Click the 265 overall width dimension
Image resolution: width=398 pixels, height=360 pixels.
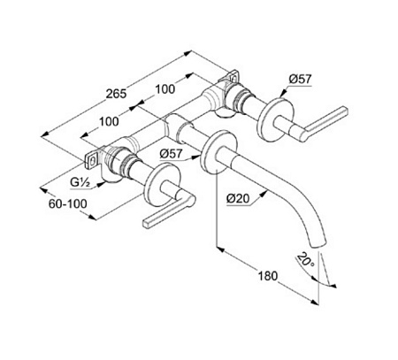(116, 94)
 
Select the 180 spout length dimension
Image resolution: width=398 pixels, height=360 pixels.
(268, 276)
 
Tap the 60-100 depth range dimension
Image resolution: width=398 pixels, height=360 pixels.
(68, 203)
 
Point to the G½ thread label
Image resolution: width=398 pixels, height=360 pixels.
(80, 183)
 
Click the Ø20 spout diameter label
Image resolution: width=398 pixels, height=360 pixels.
(238, 199)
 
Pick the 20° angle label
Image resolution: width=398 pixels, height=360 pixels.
(306, 260)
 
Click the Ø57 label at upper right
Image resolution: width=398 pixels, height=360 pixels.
(300, 79)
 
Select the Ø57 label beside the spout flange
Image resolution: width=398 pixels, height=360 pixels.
(172, 154)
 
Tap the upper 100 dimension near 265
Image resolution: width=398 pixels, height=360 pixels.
(165, 89)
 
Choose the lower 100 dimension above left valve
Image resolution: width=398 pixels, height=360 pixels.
(109, 121)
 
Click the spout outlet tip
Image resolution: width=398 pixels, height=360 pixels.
(319, 244)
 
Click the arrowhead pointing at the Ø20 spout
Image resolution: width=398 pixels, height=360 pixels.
(264, 193)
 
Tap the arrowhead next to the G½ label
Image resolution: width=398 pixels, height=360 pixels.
(101, 185)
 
